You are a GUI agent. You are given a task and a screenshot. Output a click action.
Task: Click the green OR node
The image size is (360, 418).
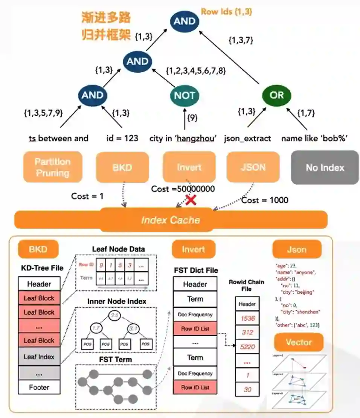point(276,95)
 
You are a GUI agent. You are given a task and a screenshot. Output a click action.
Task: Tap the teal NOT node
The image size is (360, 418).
point(185,95)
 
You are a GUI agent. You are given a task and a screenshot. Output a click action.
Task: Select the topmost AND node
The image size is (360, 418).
point(184,21)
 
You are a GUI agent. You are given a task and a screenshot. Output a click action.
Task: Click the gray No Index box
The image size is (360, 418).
point(325,167)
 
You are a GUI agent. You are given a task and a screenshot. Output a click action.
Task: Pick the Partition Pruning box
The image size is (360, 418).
point(53,167)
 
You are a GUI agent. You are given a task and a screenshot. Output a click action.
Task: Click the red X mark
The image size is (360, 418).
point(191,200)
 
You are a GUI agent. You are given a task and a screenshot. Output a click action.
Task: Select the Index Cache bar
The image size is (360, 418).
point(171,220)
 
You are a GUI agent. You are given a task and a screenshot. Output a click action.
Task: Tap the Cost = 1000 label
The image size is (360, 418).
point(265,200)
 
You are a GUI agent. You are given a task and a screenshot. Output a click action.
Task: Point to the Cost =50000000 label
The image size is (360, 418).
point(183,189)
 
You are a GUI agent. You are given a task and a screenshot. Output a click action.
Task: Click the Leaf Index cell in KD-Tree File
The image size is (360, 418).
point(39,357)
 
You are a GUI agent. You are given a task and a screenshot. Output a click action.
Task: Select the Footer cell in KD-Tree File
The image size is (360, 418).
point(39,387)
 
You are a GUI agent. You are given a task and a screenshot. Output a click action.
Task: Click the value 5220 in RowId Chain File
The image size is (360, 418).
point(247,346)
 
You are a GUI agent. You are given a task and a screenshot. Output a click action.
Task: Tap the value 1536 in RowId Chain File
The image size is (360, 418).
point(247,318)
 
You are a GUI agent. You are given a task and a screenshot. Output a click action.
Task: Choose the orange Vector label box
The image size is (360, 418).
point(299,342)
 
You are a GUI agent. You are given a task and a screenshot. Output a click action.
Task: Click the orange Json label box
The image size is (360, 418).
point(297,249)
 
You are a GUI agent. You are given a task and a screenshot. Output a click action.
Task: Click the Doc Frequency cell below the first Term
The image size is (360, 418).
point(195,314)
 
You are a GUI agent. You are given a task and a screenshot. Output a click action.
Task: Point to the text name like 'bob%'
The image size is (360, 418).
point(314,138)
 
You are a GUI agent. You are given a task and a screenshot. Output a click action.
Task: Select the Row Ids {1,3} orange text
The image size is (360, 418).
point(226,12)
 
